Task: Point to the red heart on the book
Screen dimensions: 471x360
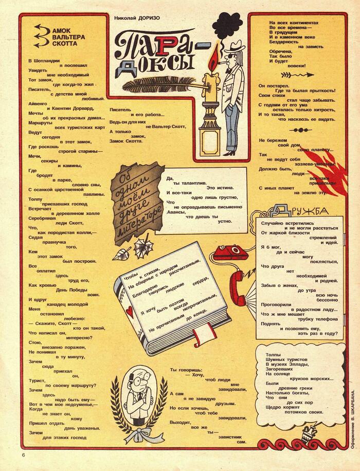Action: [129, 311]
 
